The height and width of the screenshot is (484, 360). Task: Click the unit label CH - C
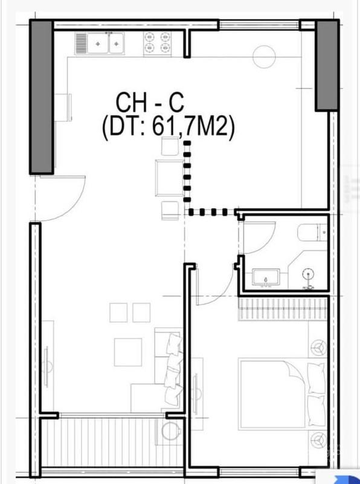coord(150,103)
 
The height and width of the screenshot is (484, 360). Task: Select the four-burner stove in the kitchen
coord(157,43)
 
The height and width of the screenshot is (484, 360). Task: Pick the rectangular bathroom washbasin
coord(266,277)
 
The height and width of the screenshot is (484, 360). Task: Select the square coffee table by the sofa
coord(128,352)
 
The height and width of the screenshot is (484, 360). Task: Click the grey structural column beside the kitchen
coord(42,97)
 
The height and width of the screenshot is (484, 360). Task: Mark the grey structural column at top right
coord(327,65)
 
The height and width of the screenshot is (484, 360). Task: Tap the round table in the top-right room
coord(264,57)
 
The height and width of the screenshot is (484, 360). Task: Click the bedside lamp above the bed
coord(318,347)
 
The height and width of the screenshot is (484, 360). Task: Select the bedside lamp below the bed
coord(318,439)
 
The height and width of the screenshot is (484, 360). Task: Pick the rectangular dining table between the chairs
coord(170,178)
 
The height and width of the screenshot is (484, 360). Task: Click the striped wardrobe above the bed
coord(283,309)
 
